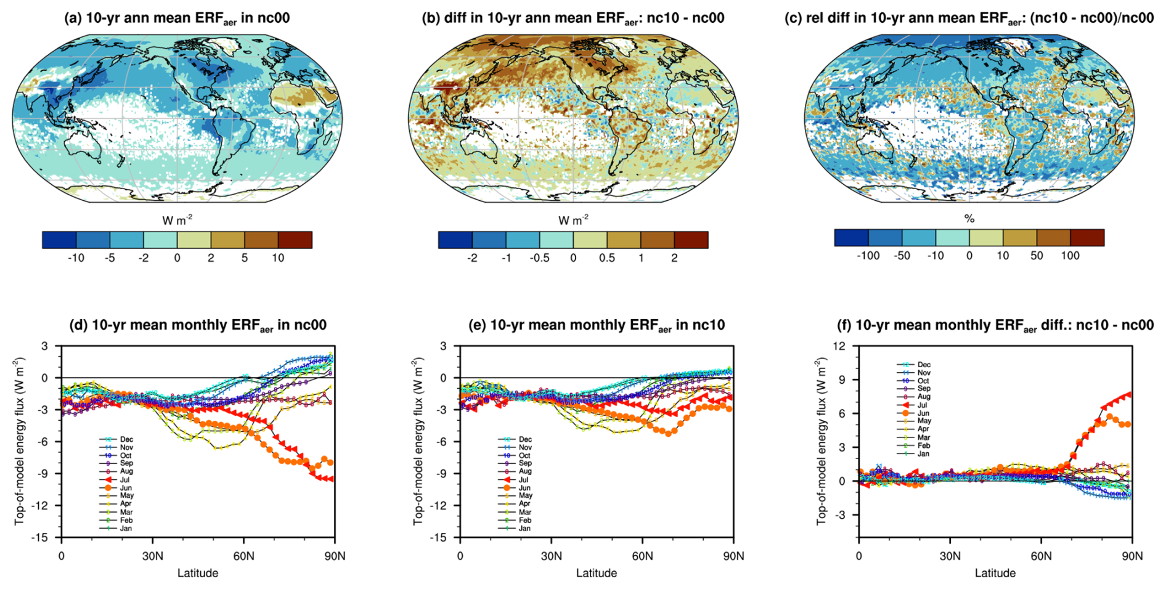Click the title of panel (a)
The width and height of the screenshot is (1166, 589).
pyautogui.click(x=177, y=18)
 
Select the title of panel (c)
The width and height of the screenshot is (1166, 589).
pyautogui.click(x=969, y=18)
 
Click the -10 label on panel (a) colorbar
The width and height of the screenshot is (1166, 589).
pyautogui.click(x=76, y=258)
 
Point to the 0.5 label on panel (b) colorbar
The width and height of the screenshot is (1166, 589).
pyautogui.click(x=607, y=258)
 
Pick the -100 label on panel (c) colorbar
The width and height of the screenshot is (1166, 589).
pyautogui.click(x=868, y=256)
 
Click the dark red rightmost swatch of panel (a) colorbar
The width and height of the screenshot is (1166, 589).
pyautogui.click(x=295, y=240)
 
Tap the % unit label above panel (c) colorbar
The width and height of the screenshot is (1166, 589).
pyautogui.click(x=969, y=219)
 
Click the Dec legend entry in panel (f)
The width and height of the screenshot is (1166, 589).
pyautogui.click(x=923, y=365)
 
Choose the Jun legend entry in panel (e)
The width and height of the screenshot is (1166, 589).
pyautogui.click(x=524, y=487)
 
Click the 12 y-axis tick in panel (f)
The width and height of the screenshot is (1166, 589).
pyautogui.click(x=839, y=346)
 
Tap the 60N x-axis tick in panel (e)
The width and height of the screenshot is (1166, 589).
pyautogui.click(x=642, y=556)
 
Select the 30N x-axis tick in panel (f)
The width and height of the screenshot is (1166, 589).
pyautogui.click(x=950, y=556)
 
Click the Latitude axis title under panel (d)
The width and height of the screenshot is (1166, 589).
pyautogui.click(x=198, y=574)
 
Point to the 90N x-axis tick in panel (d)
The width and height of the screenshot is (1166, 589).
pyautogui.click(x=334, y=556)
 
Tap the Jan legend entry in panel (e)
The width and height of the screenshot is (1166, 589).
pyautogui.click(x=524, y=528)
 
